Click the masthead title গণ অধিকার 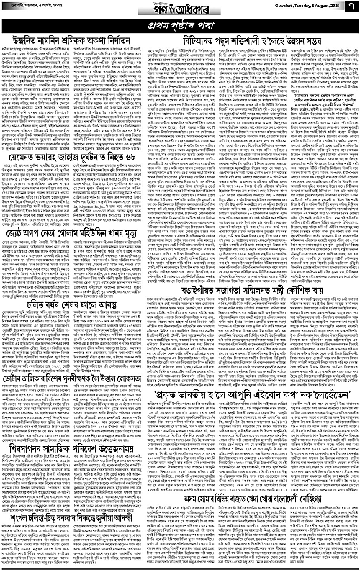(179, 9)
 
